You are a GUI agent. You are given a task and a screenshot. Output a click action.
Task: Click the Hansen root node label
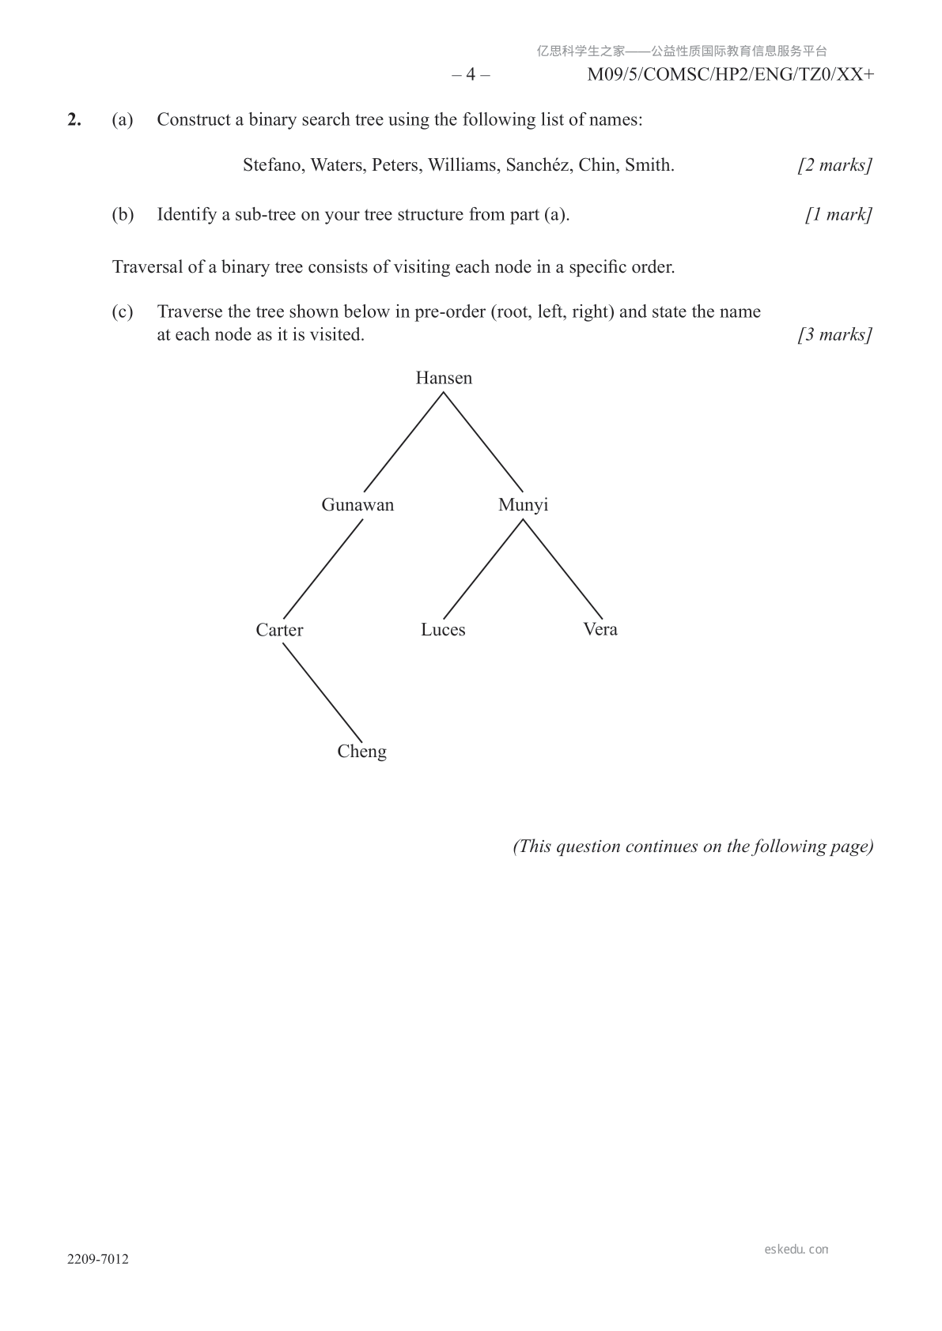click(x=444, y=378)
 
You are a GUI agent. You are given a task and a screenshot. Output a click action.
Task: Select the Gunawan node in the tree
click(x=358, y=505)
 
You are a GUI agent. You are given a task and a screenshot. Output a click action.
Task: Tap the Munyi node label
click(x=523, y=505)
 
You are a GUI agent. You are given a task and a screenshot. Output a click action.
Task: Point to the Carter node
click(x=279, y=630)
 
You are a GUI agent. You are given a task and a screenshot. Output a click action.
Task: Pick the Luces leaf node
click(x=443, y=630)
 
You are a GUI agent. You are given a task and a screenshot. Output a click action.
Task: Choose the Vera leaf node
click(x=600, y=629)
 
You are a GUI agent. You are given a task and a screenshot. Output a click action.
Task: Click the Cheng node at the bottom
click(x=361, y=752)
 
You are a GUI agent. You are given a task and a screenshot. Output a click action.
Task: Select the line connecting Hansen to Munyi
click(x=483, y=443)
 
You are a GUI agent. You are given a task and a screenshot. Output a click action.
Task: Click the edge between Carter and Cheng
click(x=322, y=692)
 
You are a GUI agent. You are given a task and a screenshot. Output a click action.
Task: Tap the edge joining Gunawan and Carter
click(x=322, y=568)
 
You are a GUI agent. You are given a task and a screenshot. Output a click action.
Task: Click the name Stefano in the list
click(x=273, y=165)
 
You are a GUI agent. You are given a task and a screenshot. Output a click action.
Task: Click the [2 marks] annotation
click(x=834, y=165)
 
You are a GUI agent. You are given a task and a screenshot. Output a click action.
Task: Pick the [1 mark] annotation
click(x=838, y=214)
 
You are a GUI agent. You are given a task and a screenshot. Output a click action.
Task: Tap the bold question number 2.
click(x=74, y=119)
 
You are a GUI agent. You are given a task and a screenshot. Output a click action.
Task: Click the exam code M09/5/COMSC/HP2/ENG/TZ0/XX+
click(x=730, y=75)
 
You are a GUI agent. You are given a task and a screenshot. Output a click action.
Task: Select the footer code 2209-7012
click(x=97, y=1259)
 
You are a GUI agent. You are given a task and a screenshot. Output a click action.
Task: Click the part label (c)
click(x=123, y=311)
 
